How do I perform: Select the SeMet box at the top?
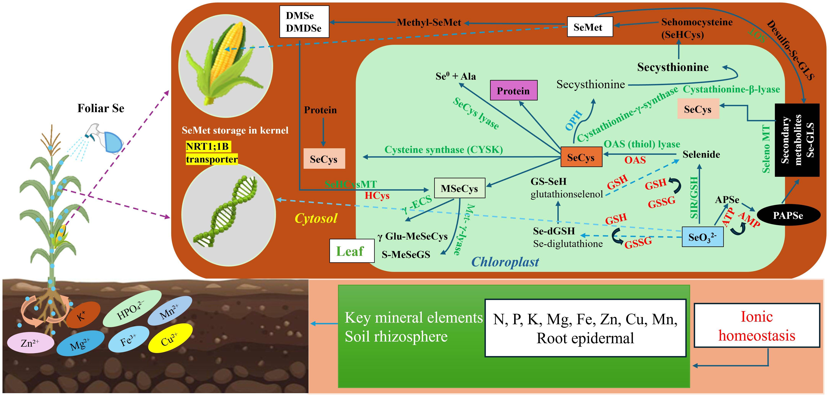tap(590, 27)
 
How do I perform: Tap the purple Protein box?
tap(513, 90)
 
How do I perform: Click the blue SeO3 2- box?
tap(703, 237)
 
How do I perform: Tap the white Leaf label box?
tap(351, 251)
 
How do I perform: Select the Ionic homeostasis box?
tap(757, 325)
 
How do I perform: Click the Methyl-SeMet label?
tap(429, 23)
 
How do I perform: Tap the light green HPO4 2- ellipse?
tap(132, 308)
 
